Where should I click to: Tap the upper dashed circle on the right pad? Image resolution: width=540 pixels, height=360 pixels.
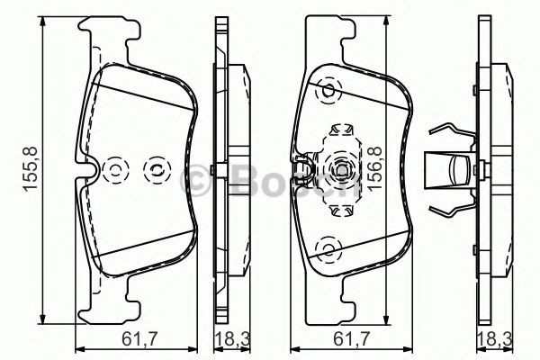point(328,90)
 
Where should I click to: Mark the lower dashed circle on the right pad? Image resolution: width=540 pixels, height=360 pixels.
point(328,247)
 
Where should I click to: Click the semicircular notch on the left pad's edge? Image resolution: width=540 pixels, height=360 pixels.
point(90,168)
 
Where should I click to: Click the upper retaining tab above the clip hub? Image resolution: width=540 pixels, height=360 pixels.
point(340,130)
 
